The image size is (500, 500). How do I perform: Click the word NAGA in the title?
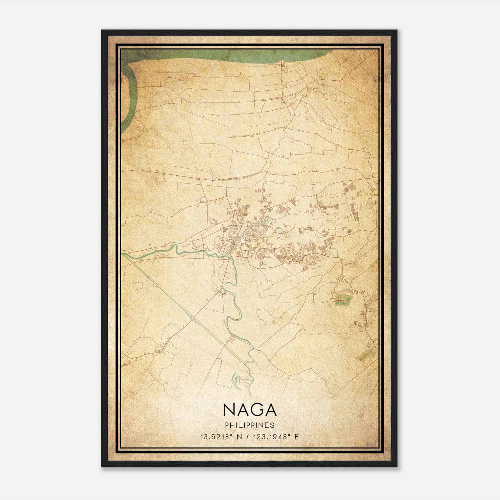(250, 410)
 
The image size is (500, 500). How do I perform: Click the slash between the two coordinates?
(248, 437)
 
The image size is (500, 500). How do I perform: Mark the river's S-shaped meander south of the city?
(233, 303)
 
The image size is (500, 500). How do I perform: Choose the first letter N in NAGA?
(229, 410)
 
